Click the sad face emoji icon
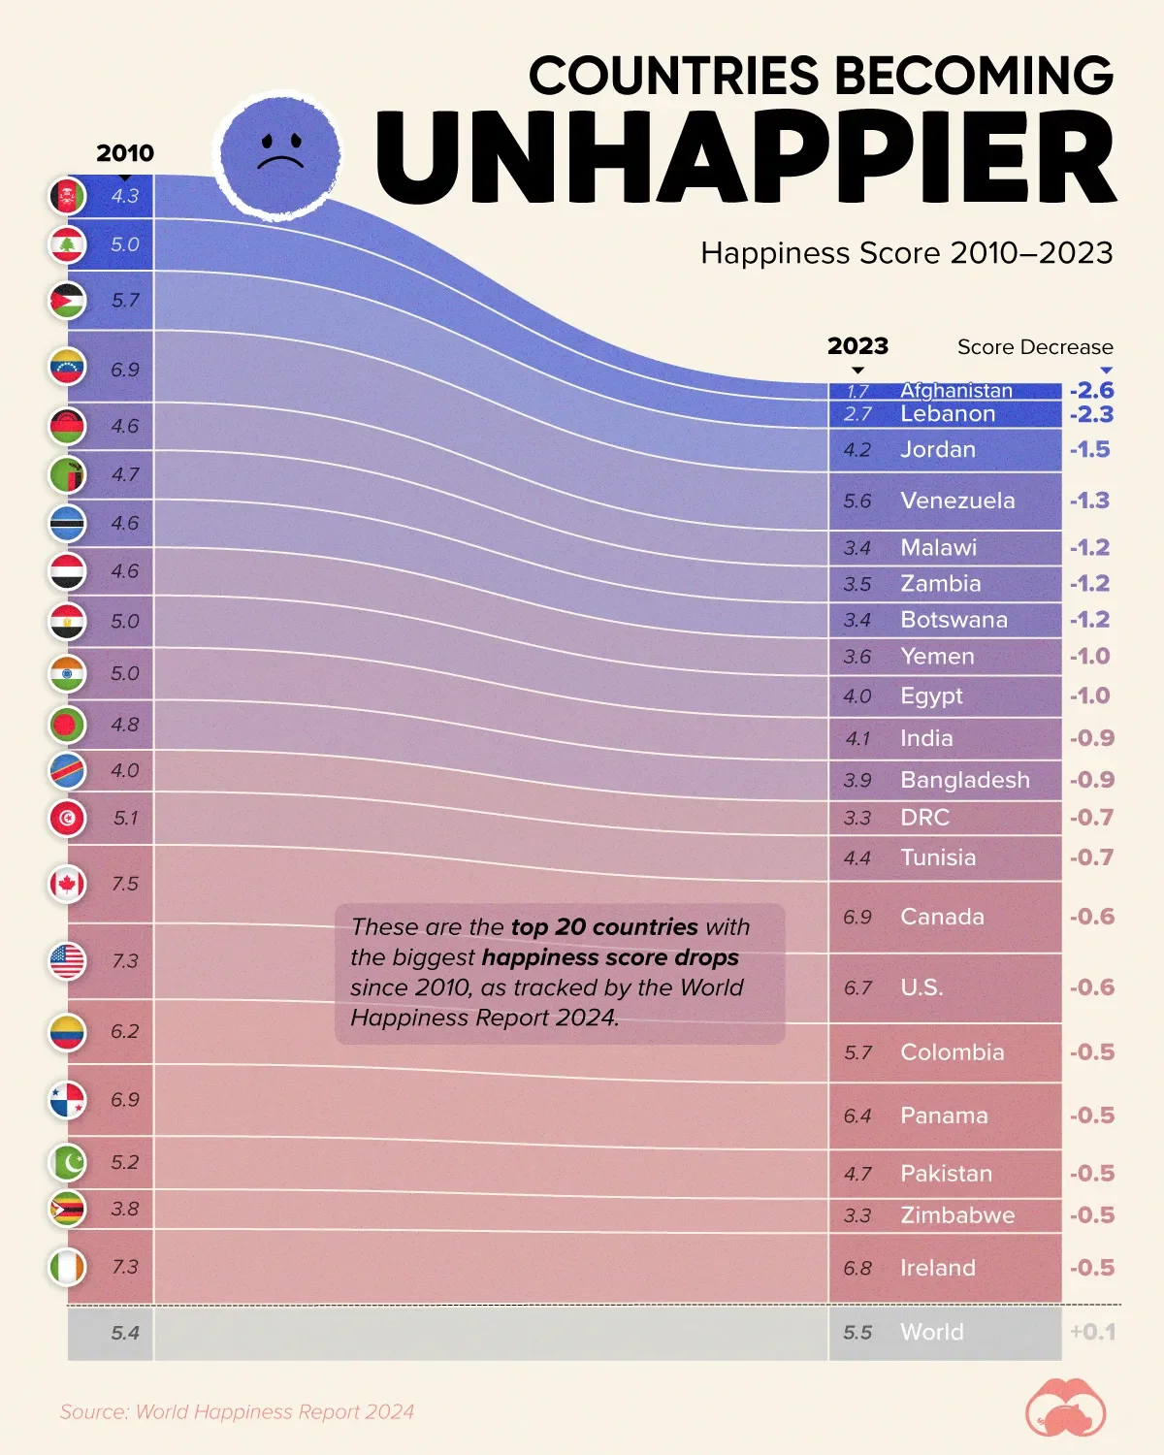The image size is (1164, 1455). [x=279, y=154]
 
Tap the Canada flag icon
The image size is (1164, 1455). [x=68, y=884]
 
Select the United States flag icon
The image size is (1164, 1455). [x=68, y=960]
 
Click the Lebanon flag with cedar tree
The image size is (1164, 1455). [x=68, y=244]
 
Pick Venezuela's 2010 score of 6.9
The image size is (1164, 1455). [x=125, y=370]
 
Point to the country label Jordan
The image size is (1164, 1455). [x=937, y=449]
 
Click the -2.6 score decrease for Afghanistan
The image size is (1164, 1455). [x=1091, y=390]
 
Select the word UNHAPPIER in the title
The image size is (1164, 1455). [x=745, y=158]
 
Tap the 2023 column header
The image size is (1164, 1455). [x=857, y=346]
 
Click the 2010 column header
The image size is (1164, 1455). [x=125, y=153]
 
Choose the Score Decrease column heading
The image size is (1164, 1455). [x=1034, y=347]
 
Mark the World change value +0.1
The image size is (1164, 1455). [x=1092, y=1332]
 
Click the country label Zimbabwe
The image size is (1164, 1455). [x=956, y=1215]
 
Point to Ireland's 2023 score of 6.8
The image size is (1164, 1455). [x=857, y=1268]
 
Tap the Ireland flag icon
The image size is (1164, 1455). [x=68, y=1267]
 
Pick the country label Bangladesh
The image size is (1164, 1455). [x=964, y=780]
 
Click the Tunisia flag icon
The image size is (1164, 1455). [x=68, y=818]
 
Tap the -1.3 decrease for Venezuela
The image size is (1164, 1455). [x=1089, y=501]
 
